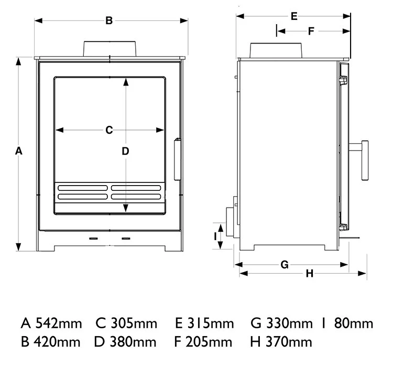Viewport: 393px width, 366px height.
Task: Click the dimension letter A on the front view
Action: click(18, 151)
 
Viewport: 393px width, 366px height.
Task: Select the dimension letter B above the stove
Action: click(109, 21)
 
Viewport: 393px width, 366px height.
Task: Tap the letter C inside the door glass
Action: click(109, 130)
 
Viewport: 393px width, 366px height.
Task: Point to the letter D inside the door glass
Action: click(125, 151)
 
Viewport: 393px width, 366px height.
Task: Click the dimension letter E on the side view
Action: click(294, 16)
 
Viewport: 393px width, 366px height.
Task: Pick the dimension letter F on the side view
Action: click(311, 31)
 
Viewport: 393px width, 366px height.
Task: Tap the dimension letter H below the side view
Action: click(309, 273)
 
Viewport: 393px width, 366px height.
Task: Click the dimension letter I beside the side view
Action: click(215, 236)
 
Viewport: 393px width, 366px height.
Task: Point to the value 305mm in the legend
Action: click(134, 323)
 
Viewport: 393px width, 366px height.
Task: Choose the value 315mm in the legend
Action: click(210, 323)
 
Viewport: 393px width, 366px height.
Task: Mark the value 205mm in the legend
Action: click(210, 342)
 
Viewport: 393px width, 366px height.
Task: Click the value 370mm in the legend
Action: click(289, 342)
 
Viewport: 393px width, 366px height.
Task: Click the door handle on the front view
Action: click(177, 155)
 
